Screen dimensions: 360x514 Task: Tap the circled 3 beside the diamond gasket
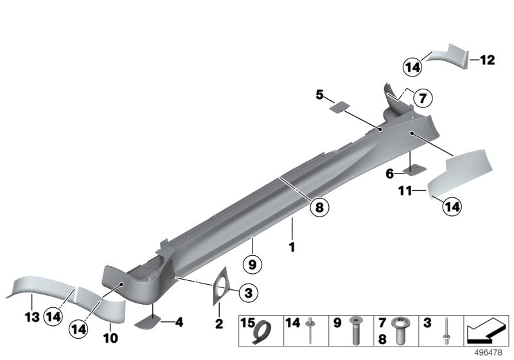249,293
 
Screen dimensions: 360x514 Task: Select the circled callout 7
422,99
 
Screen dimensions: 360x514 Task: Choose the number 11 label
403,191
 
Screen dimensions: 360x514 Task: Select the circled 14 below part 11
452,206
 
